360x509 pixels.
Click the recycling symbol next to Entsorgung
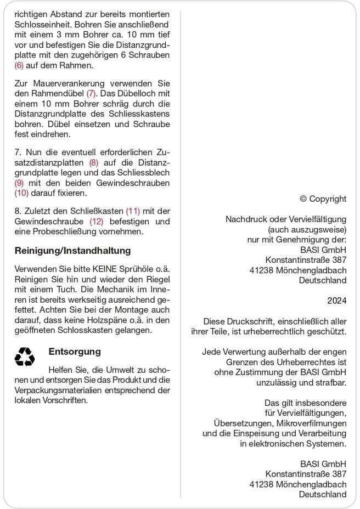(24, 357)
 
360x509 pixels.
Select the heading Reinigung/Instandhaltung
(73, 251)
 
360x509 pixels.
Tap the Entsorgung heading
(75, 352)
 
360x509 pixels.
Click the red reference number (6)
(19, 65)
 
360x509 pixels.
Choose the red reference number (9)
(19, 183)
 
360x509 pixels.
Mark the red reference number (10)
(21, 193)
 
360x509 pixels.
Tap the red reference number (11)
(133, 211)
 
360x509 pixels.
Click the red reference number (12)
(97, 221)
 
